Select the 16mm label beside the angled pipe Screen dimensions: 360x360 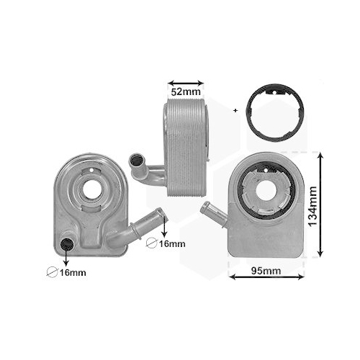170,243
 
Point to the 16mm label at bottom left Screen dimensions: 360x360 71,272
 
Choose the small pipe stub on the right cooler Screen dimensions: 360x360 213,212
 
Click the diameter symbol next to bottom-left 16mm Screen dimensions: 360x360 50,272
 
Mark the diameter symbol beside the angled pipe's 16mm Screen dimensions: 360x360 151,243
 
